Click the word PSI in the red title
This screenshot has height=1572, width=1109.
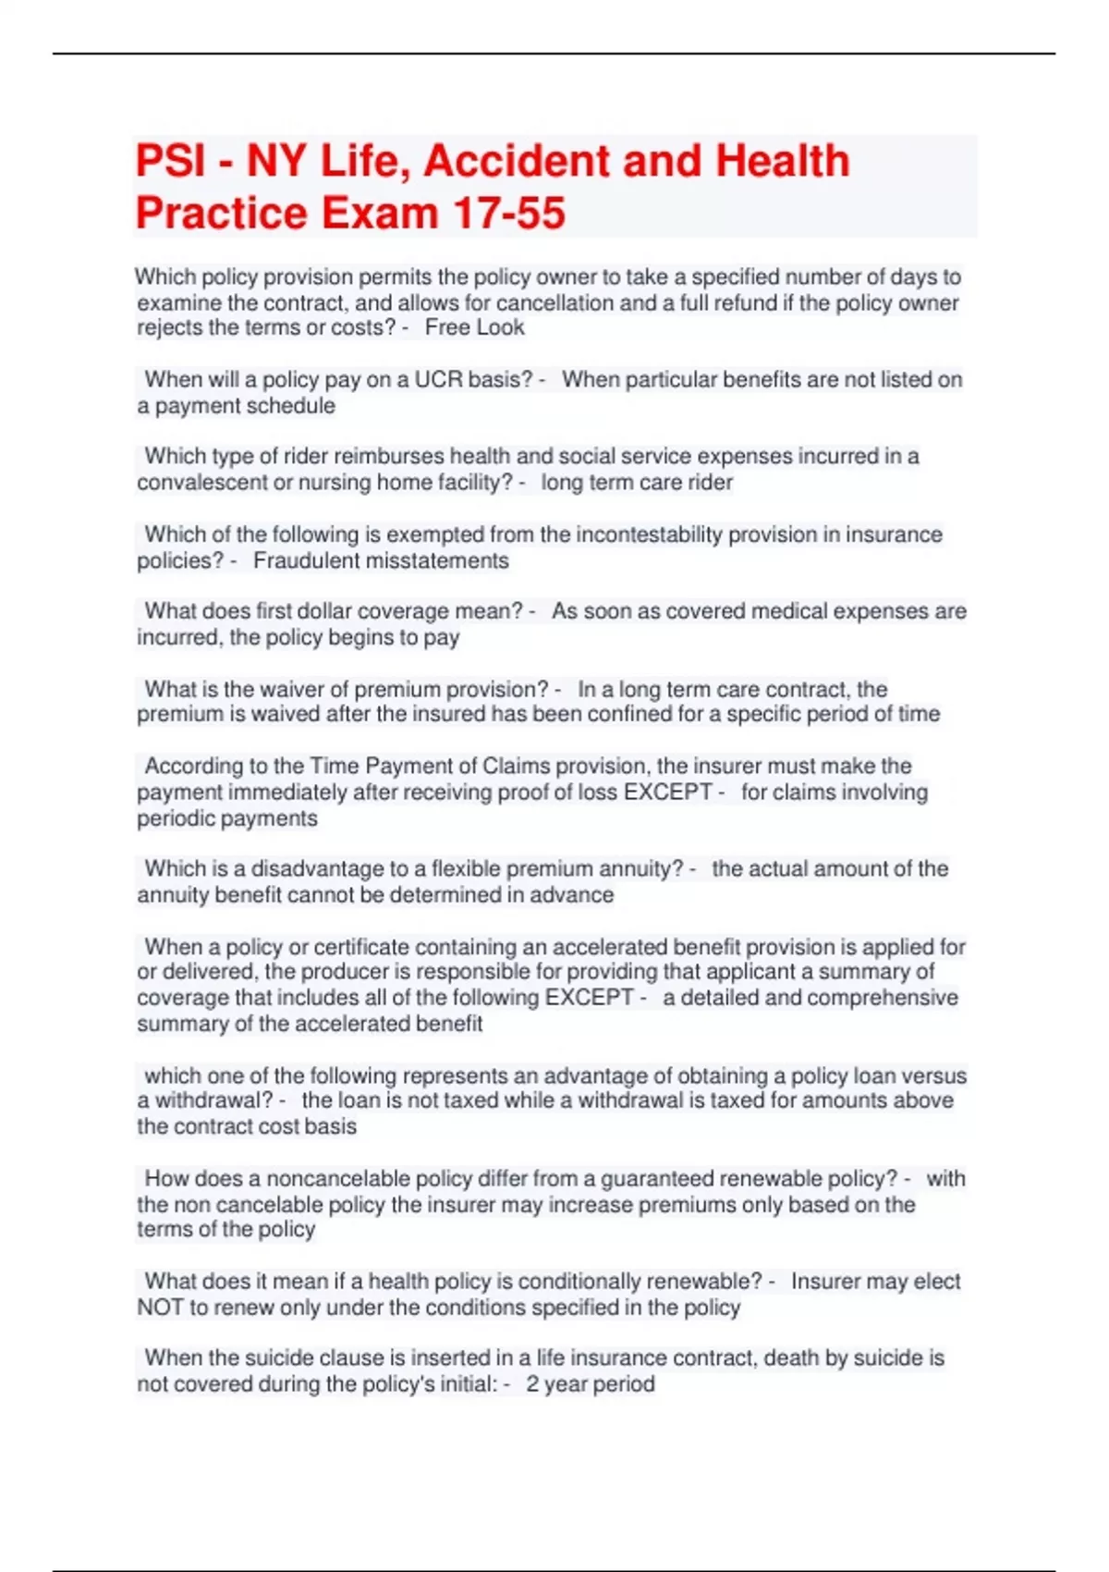(170, 161)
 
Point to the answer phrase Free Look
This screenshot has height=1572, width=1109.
(474, 327)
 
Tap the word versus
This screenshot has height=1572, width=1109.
(933, 1075)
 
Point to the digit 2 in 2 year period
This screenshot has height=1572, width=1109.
(532, 1384)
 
